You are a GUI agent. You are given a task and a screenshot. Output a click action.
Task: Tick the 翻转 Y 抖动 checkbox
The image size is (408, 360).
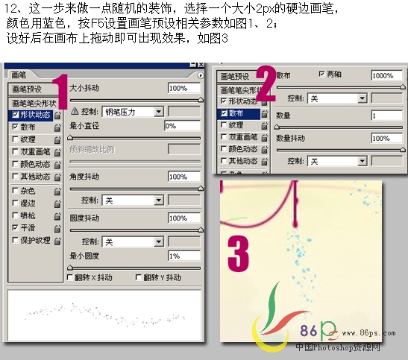[x=139, y=277]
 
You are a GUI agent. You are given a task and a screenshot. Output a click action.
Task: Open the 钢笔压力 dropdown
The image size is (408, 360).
[x=132, y=111]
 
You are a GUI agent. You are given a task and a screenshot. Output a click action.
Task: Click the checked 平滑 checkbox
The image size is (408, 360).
[x=15, y=228]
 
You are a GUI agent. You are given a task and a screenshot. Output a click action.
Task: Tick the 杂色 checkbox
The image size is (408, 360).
[x=15, y=191]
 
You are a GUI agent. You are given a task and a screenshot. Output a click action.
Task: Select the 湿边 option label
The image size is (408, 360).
[x=28, y=203]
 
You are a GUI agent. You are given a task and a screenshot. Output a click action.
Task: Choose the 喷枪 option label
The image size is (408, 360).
[x=28, y=215]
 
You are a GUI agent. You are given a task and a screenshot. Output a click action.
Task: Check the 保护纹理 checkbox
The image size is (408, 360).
[x=15, y=240]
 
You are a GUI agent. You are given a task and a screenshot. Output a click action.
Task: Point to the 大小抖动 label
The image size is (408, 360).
[x=86, y=88]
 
